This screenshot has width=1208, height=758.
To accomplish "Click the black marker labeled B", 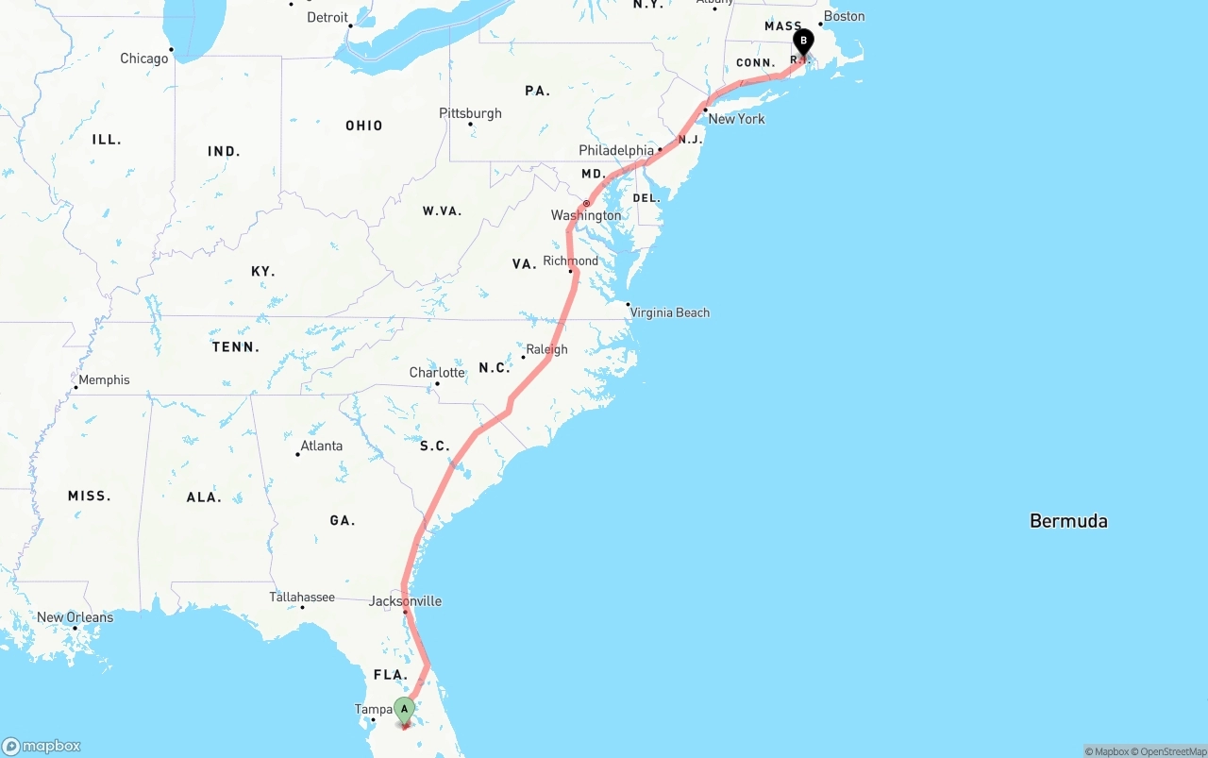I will click(x=803, y=42).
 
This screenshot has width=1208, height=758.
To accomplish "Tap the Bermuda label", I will click(x=1068, y=520).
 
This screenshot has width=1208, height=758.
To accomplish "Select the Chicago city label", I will click(x=143, y=59).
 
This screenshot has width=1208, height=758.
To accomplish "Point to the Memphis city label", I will click(x=104, y=379).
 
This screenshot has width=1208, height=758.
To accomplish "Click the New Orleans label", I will click(x=75, y=617).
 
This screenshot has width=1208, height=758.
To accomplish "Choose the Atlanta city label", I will click(x=321, y=446).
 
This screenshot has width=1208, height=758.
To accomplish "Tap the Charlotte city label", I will click(x=437, y=372).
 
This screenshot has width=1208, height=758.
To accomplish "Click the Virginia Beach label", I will click(x=669, y=312).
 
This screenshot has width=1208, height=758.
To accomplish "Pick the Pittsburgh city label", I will click(x=470, y=113).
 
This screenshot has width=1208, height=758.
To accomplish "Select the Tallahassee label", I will click(x=302, y=597).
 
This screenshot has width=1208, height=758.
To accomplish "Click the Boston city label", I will click(x=844, y=16).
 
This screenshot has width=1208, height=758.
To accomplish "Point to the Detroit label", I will click(x=327, y=17).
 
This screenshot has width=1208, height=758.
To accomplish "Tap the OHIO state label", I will click(x=363, y=126).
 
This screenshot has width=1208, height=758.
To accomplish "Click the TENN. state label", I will click(x=236, y=347).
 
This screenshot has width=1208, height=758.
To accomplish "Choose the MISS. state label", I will click(x=89, y=496).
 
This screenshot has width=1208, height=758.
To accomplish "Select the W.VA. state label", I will click(x=442, y=211).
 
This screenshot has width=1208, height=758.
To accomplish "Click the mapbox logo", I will click(x=42, y=746).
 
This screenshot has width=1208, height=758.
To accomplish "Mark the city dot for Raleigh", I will click(x=523, y=357).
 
